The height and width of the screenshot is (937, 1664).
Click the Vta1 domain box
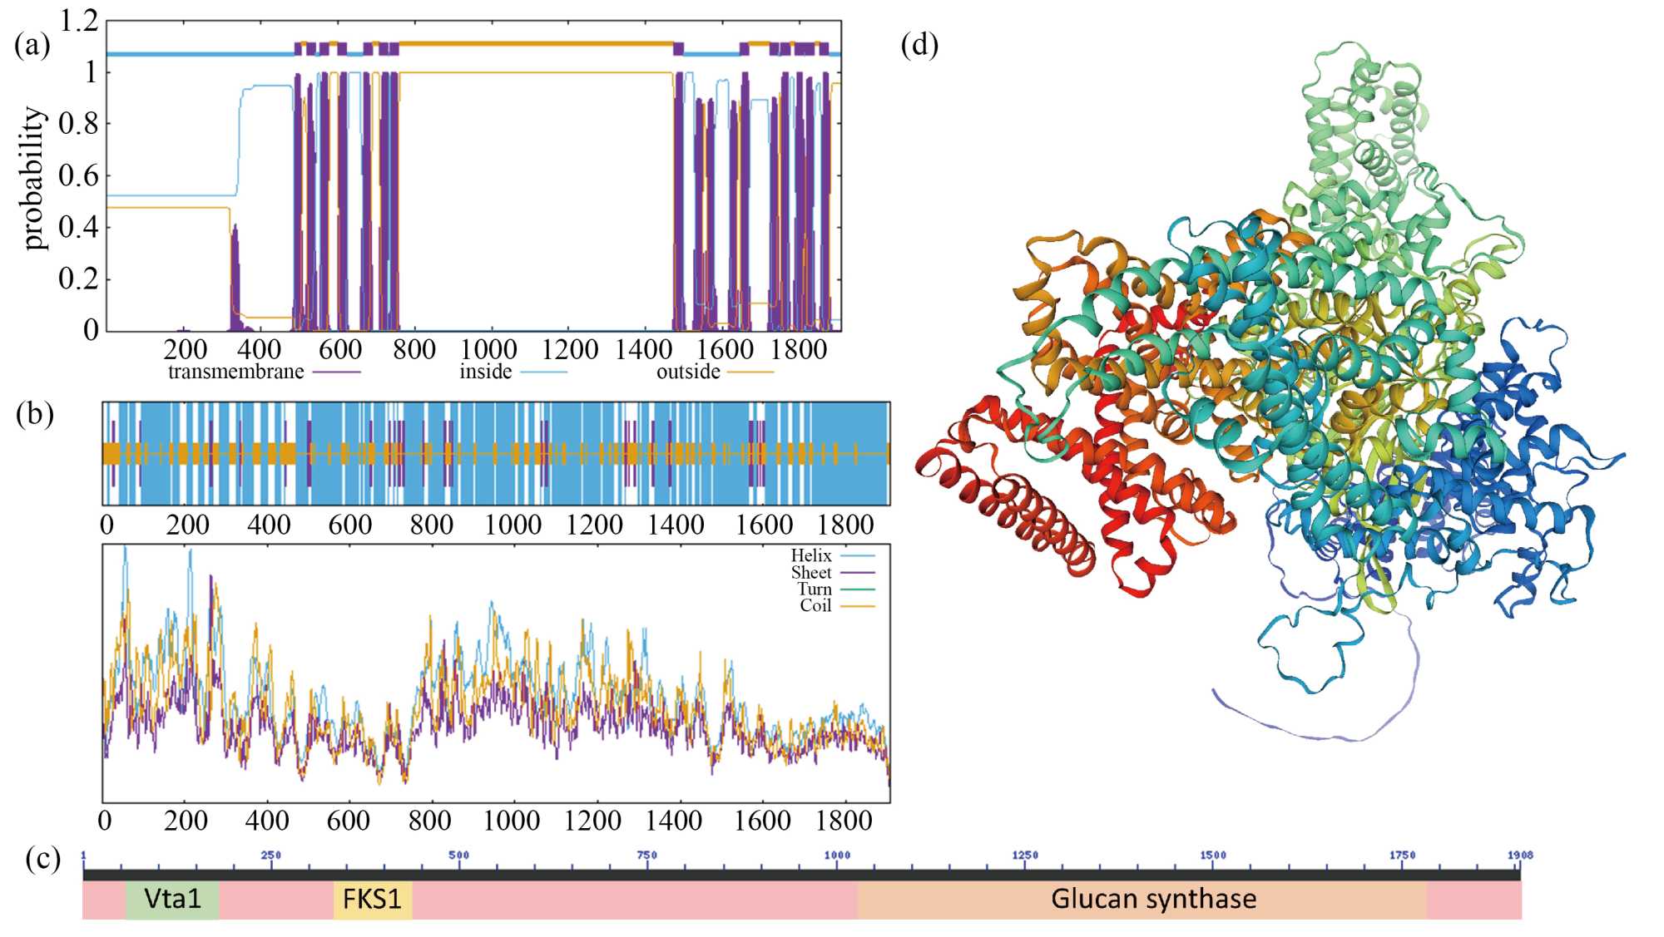172,900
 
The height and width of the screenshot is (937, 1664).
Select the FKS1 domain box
372,900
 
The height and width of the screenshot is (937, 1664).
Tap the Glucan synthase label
1153,900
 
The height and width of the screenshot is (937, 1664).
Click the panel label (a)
32,45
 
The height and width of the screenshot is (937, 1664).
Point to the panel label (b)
34,414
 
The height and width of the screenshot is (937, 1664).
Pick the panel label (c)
43,859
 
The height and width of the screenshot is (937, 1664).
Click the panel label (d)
919,45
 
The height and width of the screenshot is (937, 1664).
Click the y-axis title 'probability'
33,178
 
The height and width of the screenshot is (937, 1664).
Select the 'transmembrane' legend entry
236,372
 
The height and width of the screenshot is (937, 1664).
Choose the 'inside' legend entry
486,372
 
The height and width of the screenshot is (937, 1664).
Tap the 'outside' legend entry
688,372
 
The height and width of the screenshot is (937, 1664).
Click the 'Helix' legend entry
811,555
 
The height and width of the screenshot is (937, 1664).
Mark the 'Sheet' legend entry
811,573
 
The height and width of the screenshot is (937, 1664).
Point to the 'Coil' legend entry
815,606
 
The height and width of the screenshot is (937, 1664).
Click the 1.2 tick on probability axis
79,22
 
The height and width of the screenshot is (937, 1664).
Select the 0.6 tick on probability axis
79,175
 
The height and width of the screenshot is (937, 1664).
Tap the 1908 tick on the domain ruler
1519,856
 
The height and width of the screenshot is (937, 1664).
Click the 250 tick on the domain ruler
271,856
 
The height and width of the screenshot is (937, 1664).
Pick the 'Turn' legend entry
815,589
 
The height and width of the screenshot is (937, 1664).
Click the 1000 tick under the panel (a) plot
488,350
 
